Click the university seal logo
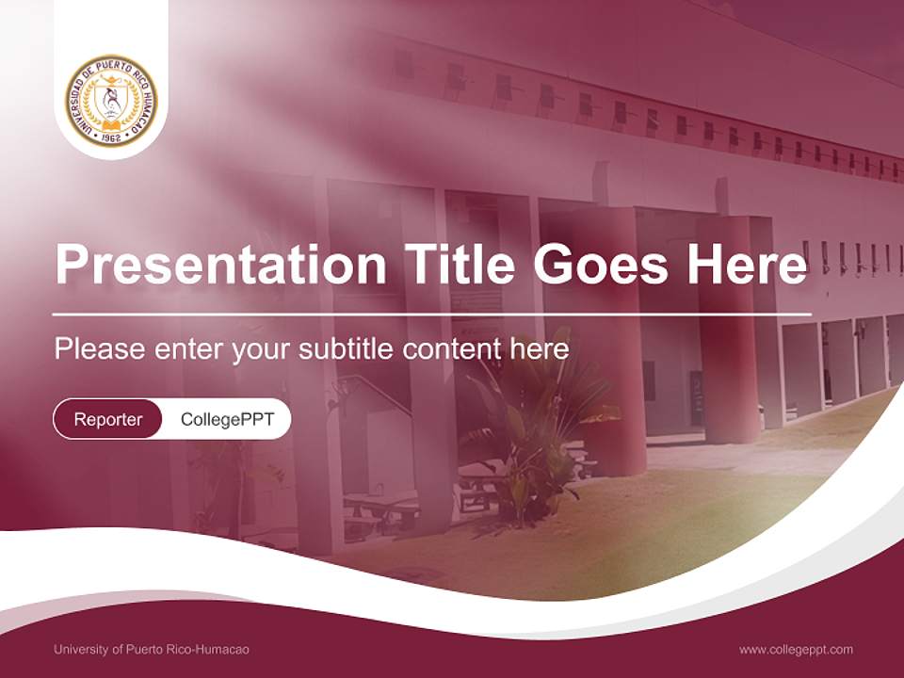[111, 101]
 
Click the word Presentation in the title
[220, 265]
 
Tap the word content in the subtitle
[453, 349]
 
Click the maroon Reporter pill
[107, 419]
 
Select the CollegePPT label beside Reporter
[227, 419]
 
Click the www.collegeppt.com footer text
[796, 649]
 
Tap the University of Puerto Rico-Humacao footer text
[152, 649]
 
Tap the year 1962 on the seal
[111, 137]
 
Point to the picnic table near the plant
[381, 508]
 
